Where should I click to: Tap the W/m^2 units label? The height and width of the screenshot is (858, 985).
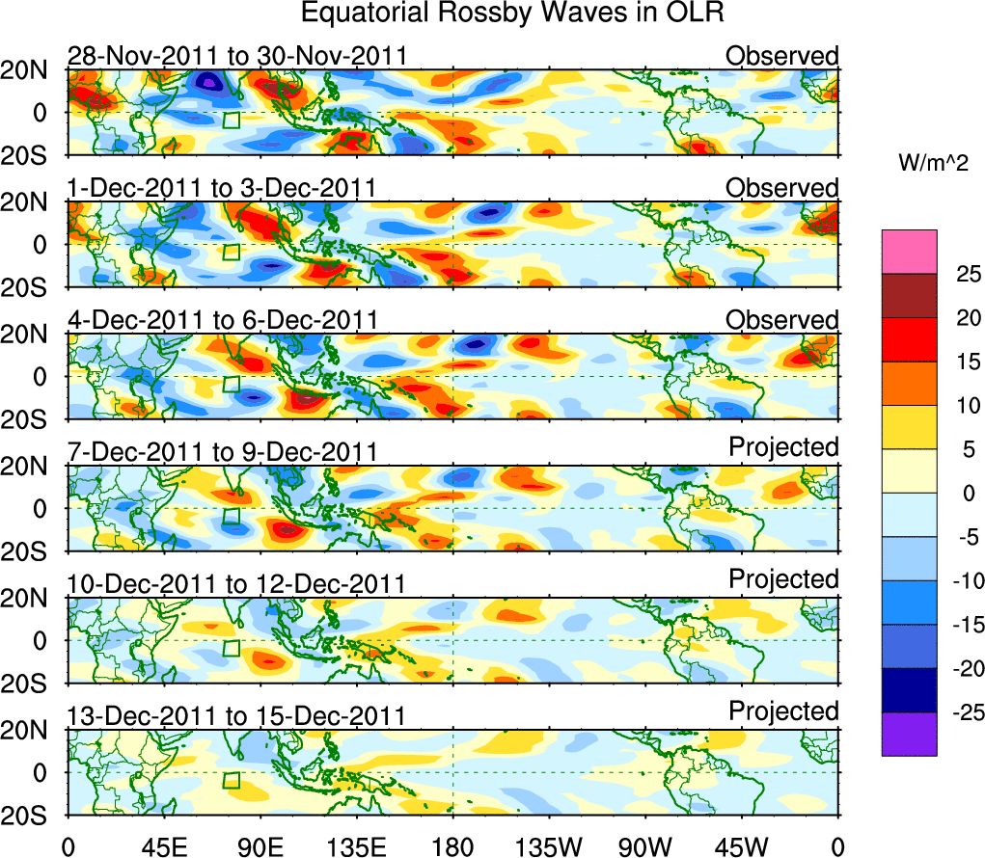click(x=931, y=164)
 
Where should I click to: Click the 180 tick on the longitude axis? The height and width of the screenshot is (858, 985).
click(x=452, y=845)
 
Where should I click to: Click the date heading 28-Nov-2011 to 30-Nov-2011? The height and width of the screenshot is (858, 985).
click(x=236, y=57)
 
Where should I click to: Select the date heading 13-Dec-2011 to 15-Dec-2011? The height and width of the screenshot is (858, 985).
click(x=236, y=715)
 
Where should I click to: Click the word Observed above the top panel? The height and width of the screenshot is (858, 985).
click(x=782, y=56)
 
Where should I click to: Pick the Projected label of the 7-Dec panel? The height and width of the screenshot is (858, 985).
click(x=783, y=447)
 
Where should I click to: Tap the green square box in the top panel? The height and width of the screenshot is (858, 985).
click(x=231, y=120)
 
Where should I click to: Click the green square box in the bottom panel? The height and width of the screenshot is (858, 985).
click(x=231, y=779)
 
